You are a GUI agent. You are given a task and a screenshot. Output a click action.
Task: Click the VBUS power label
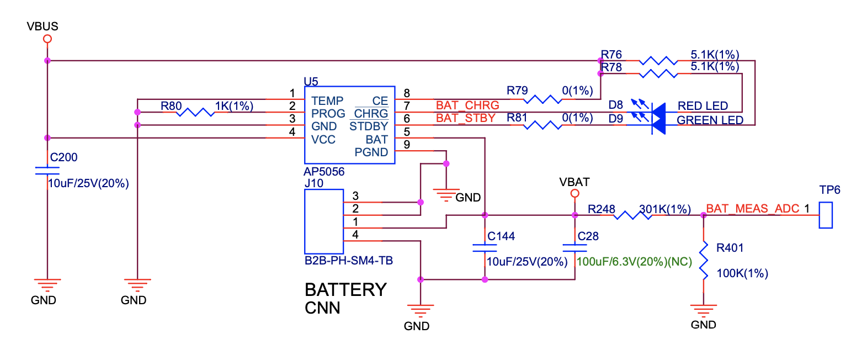click(x=42, y=26)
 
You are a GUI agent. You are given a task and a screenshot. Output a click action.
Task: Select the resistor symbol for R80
click(x=195, y=112)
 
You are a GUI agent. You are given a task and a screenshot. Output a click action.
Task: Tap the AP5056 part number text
click(x=324, y=172)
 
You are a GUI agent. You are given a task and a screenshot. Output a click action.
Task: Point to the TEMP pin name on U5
click(x=327, y=100)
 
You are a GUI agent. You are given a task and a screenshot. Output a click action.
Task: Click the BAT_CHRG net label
click(x=467, y=105)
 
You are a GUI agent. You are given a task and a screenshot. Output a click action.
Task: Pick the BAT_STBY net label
click(x=466, y=118)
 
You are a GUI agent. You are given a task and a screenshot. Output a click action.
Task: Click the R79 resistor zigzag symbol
click(x=542, y=99)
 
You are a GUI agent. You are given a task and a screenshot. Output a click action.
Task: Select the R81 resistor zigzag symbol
click(x=542, y=125)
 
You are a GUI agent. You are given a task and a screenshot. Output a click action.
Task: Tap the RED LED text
click(x=703, y=106)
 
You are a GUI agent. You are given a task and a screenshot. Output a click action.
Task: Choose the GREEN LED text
click(x=710, y=120)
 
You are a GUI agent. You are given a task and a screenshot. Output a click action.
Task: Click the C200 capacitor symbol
click(x=47, y=170)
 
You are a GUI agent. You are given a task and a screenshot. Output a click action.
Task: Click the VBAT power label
click(x=574, y=182)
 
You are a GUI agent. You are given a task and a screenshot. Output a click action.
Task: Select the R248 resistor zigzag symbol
click(x=634, y=215)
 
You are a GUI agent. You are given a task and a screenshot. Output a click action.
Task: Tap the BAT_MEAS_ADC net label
click(x=752, y=209)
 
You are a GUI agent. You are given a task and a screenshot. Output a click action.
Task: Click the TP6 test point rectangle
click(x=825, y=215)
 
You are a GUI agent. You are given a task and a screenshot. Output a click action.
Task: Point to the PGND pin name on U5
click(x=371, y=152)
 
